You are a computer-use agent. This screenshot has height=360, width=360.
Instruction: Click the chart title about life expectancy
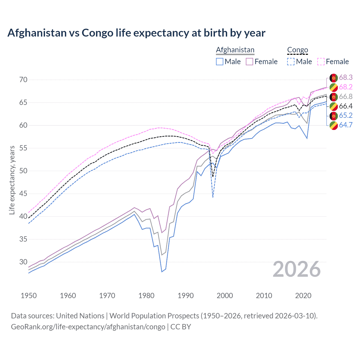tap(136, 33)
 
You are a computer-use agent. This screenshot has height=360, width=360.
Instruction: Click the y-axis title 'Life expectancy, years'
tap(12, 180)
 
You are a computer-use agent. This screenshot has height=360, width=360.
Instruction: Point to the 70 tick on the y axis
tap(23, 80)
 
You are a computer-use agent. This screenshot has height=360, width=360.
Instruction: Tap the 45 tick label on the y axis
tap(23, 193)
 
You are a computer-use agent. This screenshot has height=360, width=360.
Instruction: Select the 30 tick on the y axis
tap(23, 262)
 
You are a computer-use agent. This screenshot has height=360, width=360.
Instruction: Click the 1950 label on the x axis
tap(29, 296)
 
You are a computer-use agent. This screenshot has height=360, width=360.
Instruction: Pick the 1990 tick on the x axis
tap(186, 296)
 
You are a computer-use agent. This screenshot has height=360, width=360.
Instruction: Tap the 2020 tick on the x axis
tap(303, 296)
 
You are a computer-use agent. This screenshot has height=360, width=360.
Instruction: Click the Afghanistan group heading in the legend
tap(235, 50)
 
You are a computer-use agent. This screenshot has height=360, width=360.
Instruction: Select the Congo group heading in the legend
tap(298, 50)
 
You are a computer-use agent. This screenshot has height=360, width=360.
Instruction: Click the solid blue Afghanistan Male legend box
tap(220, 62)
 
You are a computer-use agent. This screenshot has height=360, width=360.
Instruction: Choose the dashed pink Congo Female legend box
tap(321, 62)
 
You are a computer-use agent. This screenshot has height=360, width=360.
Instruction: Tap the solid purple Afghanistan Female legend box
tap(249, 62)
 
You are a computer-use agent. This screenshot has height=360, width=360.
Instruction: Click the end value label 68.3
tap(346, 77)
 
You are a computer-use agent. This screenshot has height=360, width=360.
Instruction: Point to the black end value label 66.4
tap(346, 106)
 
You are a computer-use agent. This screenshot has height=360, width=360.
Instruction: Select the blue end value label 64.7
tap(346, 125)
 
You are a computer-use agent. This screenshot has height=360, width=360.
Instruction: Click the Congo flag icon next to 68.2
tap(334, 87)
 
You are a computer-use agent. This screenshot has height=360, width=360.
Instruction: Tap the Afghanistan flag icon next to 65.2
tap(334, 116)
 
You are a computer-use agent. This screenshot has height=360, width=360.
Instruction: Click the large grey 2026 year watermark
tap(296, 269)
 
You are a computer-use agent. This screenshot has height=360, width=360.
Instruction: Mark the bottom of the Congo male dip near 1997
tap(213, 197)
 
